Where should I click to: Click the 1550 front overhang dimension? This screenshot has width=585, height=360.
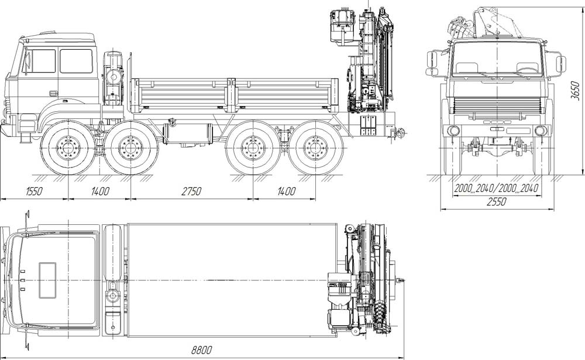35,191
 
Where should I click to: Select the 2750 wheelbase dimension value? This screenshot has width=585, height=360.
191,191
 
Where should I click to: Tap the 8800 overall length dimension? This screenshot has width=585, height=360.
201,350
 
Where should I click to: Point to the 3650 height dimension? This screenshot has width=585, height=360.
575,90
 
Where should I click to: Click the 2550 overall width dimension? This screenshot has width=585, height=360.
497,202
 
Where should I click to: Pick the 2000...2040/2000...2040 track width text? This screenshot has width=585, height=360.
496,188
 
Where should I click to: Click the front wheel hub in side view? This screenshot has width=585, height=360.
68,148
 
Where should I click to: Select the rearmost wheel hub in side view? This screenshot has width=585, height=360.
316,148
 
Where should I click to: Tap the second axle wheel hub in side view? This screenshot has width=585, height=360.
130,148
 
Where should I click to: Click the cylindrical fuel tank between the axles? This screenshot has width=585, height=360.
188,133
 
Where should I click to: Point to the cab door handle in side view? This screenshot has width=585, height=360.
54,92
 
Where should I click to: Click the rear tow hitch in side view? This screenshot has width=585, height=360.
400,132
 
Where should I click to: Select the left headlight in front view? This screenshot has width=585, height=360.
454,131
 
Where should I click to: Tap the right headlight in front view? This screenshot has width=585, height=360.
540,131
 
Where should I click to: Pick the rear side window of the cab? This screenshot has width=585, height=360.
76,61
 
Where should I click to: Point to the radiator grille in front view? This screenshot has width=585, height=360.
497,106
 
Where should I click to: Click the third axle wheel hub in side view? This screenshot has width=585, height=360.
253,148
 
